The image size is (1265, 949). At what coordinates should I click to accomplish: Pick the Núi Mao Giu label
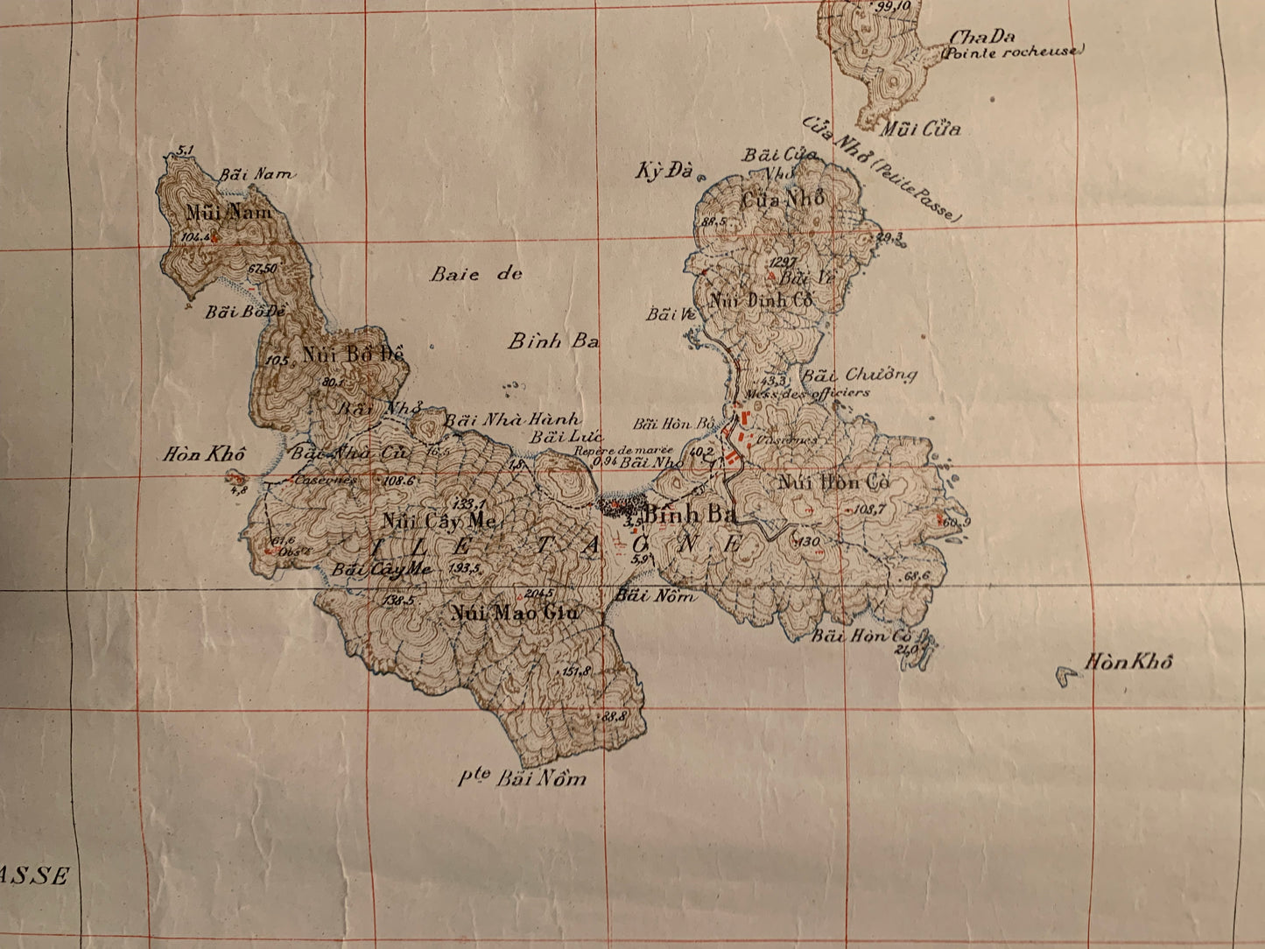pos(515,613)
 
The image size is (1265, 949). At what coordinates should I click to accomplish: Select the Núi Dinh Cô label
pos(762,299)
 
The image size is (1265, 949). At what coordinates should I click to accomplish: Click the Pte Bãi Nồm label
pos(522,777)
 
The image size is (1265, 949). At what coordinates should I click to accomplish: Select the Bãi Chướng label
pos(860,376)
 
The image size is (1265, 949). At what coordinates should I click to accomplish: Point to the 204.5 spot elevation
pos(531,592)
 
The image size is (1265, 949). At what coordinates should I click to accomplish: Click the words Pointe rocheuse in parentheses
pos(1011,52)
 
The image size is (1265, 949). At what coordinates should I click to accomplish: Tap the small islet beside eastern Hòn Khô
pos(1066,675)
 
